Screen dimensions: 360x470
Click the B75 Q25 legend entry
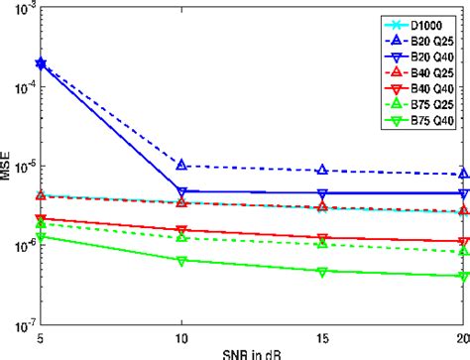click(x=416, y=105)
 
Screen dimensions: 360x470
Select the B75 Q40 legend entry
click(x=416, y=122)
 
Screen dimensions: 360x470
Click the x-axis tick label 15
click(x=321, y=337)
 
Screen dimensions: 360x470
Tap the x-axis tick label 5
click(x=40, y=337)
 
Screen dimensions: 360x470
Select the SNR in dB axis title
click(x=251, y=354)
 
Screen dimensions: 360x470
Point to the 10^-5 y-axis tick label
click(x=22, y=165)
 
